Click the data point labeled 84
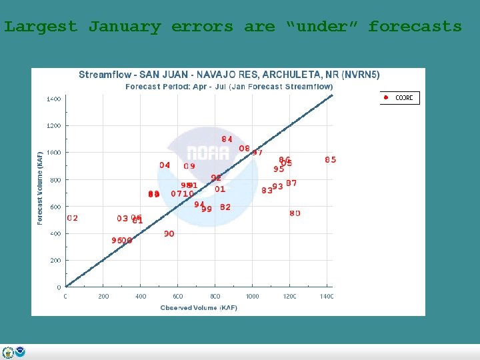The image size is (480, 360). pyautogui.click(x=227, y=139)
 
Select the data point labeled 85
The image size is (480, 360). pyautogui.click(x=331, y=159)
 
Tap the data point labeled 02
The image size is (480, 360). pyautogui.click(x=73, y=218)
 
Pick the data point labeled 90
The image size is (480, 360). pyautogui.click(x=169, y=234)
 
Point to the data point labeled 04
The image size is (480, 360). pyautogui.click(x=165, y=165)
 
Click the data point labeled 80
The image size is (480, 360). pyautogui.click(x=295, y=213)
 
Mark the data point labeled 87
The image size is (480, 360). pyautogui.click(x=291, y=183)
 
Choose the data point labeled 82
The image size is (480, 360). pyautogui.click(x=225, y=207)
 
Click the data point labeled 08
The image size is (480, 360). pyautogui.click(x=245, y=149)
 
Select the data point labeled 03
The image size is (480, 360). pyautogui.click(x=122, y=219)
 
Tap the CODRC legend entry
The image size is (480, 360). pyautogui.click(x=399, y=98)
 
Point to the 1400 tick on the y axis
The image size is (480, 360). pyautogui.click(x=53, y=99)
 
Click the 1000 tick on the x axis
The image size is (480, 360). pyautogui.click(x=252, y=296)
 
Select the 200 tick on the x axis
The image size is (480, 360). pyautogui.click(x=103, y=296)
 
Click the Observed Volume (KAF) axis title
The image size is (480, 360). pyautogui.click(x=198, y=307)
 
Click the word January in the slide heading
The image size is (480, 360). pyautogui.click(x=125, y=27)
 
